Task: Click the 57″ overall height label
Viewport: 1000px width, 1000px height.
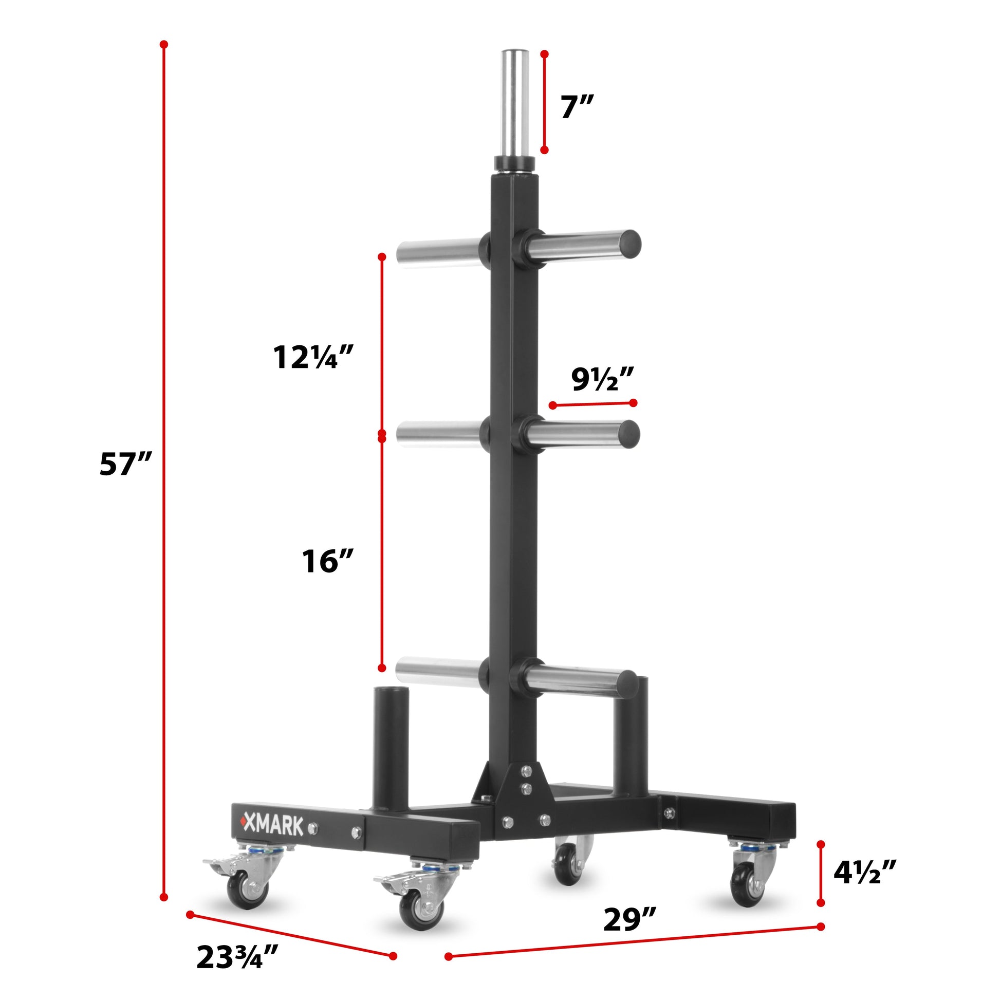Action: (125, 464)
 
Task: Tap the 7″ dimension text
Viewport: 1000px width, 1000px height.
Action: (576, 107)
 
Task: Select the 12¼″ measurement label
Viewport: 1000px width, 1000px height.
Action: (313, 357)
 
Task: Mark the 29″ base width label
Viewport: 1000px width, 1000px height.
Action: (630, 919)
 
